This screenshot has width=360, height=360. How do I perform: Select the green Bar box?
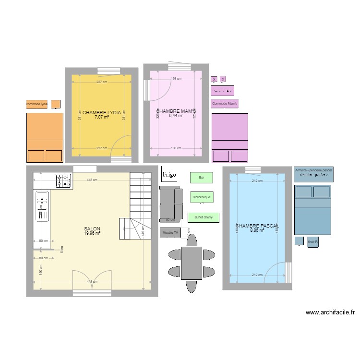click(201, 178)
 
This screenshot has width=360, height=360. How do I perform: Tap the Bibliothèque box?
click(201, 197)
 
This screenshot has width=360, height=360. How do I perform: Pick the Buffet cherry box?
click(204, 217)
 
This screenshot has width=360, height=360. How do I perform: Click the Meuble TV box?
click(170, 233)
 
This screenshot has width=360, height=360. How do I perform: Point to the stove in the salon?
click(63, 181)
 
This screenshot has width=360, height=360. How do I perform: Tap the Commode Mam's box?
click(225, 103)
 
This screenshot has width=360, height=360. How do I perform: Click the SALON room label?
click(92, 228)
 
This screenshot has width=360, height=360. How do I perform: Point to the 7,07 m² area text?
click(101, 117)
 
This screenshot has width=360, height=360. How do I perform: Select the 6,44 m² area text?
click(176, 116)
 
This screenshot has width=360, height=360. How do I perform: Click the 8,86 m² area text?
click(257, 230)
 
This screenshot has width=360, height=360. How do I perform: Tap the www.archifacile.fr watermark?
click(330, 312)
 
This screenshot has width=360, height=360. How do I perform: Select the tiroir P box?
click(313, 242)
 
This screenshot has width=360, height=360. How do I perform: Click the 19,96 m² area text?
click(92, 233)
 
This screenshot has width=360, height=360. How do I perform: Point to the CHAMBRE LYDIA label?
click(101, 112)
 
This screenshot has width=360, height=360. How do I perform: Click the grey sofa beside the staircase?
click(171, 202)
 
